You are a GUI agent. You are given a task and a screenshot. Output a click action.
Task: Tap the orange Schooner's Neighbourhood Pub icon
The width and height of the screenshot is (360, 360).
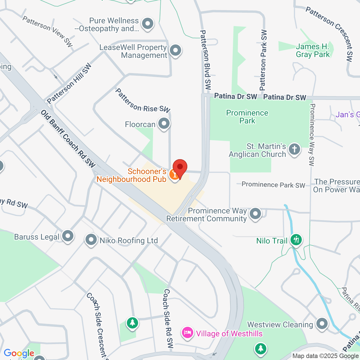tap(174, 175)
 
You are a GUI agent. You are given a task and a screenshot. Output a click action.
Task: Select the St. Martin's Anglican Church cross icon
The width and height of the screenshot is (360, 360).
tap(294, 149)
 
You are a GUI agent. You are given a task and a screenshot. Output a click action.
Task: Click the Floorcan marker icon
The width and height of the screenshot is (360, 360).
tap(164, 123)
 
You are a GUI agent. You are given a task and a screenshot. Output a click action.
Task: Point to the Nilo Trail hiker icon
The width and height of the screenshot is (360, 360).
tap(296, 240)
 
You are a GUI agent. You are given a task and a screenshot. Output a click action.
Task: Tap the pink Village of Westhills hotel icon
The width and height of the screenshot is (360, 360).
tap(187, 333)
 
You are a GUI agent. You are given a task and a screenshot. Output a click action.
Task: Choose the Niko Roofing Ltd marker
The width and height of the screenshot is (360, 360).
tap(91, 240)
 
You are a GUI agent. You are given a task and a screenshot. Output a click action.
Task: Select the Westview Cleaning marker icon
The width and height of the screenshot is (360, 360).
tap(322, 324)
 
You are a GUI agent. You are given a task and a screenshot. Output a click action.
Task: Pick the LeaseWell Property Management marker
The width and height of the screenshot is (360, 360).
tap(175, 51)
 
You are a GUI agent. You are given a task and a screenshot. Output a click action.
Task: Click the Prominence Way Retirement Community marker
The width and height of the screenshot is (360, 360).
tap(255, 214)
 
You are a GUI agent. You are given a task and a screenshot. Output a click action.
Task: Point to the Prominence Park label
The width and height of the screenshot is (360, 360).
tap(247, 117)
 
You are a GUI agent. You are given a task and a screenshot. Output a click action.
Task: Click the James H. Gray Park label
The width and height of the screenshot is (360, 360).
tap(312, 51)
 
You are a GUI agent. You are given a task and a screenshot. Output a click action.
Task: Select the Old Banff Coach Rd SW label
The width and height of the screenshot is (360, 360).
tap(68, 139)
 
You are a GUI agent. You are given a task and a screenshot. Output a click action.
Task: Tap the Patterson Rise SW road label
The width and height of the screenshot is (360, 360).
tap(143, 101)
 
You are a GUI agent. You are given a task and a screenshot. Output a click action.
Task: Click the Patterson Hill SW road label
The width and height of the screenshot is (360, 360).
tap(69, 84)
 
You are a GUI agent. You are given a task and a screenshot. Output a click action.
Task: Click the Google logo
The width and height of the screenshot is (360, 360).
tap(19, 353)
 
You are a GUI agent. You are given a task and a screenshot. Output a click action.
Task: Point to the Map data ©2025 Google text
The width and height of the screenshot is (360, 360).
tap(325, 356)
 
